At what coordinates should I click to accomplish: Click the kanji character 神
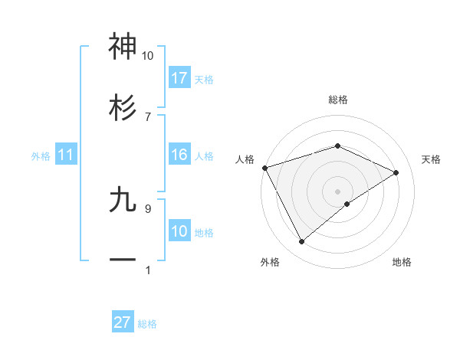pos(123,47)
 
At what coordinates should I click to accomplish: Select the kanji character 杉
pos(123,108)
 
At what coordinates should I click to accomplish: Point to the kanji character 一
pos(123,260)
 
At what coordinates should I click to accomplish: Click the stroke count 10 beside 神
pos(147,56)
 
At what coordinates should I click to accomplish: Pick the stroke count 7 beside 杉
pos(147,116)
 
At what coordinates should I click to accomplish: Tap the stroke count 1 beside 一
pos(147,270)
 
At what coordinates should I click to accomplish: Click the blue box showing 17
pos(179,78)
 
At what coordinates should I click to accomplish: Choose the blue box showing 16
pos(179,155)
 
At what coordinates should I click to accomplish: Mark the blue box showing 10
pos(179,231)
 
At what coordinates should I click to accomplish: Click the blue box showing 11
pos(66,155)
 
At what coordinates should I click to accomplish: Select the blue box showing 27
pos(123,322)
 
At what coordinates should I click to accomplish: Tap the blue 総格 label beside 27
pos(147,324)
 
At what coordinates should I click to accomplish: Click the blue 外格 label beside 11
pos(41,156)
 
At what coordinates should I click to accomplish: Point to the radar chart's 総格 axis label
pos(337,100)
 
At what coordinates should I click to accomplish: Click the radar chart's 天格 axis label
pos(431,159)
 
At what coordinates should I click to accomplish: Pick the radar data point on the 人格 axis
pos(264,167)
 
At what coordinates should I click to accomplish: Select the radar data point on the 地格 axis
pos(347,204)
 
